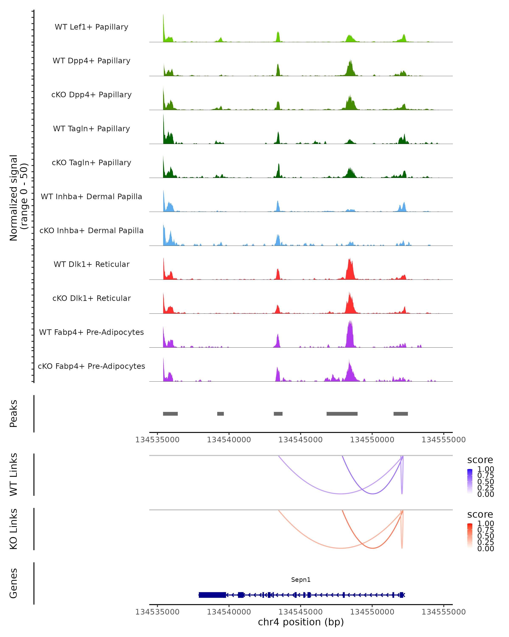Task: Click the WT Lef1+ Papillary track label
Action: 91,27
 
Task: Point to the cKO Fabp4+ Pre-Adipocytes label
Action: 91,366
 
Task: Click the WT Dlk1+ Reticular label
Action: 91,264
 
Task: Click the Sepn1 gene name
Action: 301,580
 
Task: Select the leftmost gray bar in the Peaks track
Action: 170,414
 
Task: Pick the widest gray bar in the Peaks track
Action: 342,414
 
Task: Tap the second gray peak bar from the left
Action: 220,414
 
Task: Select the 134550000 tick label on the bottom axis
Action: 372,612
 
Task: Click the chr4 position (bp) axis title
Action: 301,622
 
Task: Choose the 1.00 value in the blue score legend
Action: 485,469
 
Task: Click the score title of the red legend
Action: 480,514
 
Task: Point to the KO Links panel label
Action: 14,529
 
